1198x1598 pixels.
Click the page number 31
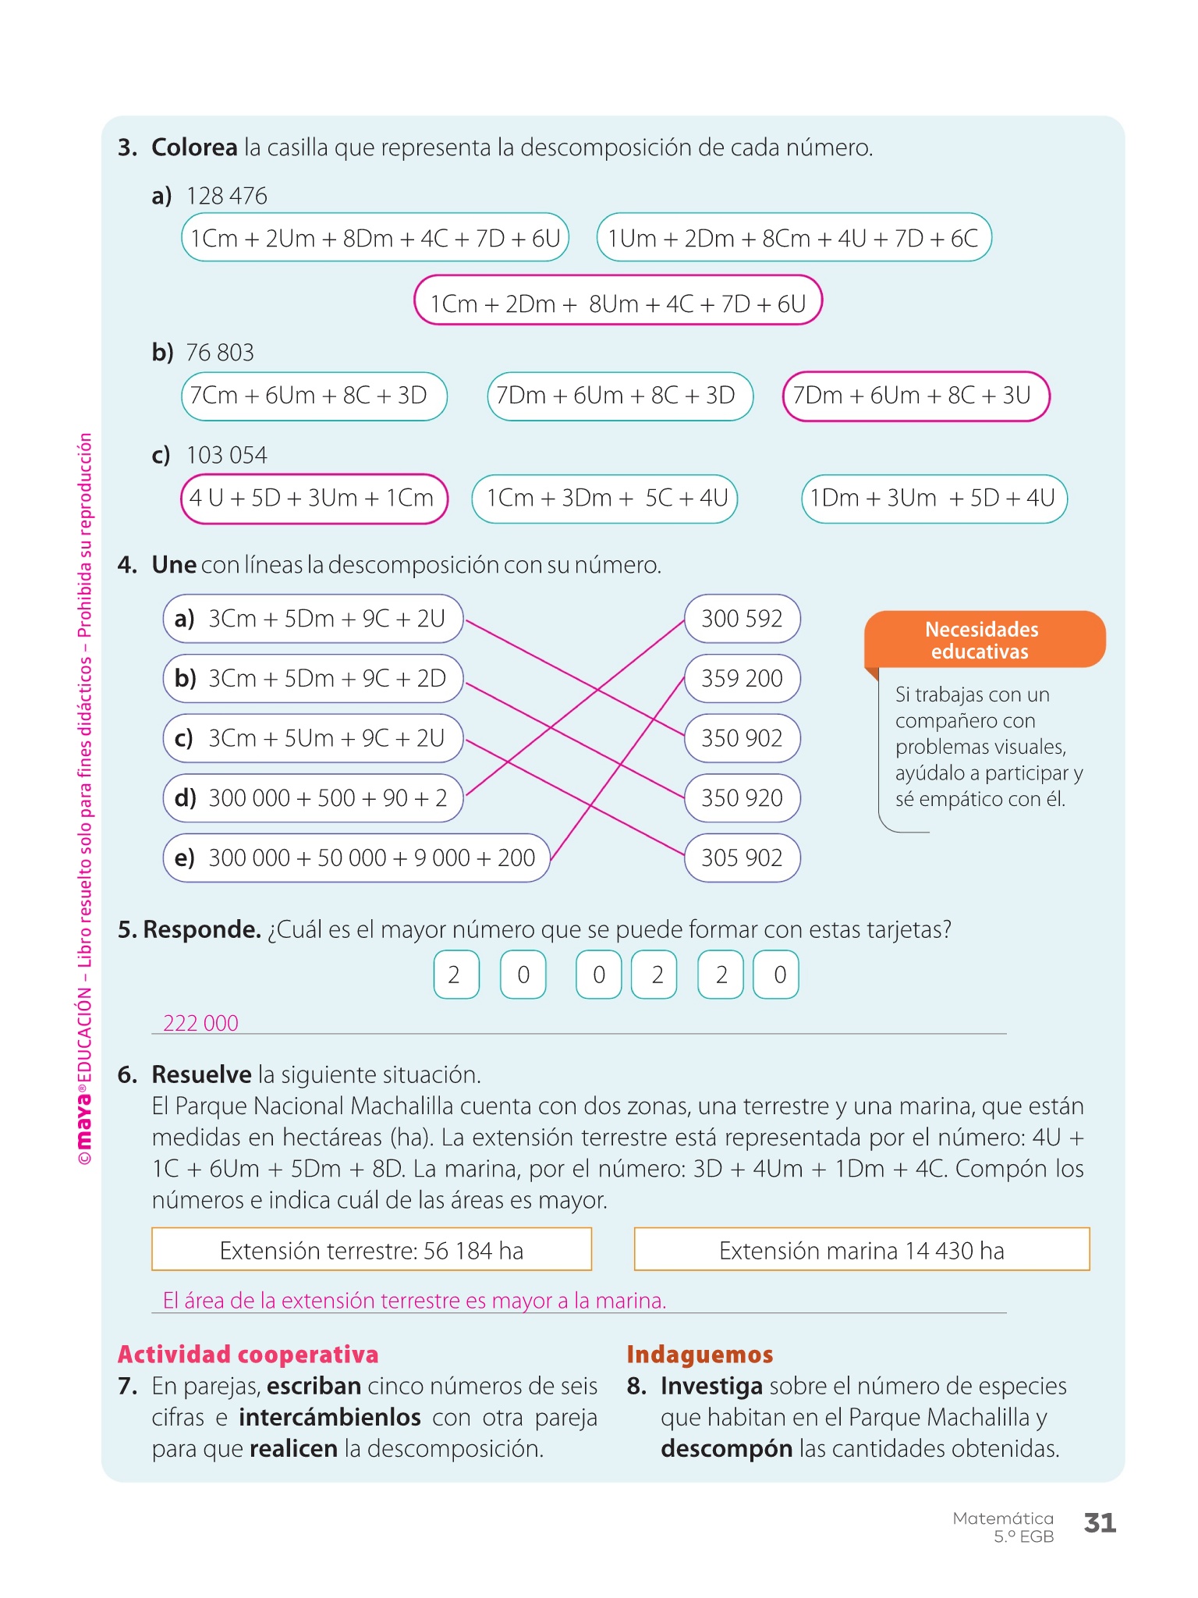pyautogui.click(x=1100, y=1522)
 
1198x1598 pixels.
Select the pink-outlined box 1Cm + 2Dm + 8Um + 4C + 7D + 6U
pyautogui.click(x=618, y=302)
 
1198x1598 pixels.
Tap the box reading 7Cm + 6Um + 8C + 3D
pyautogui.click(x=314, y=396)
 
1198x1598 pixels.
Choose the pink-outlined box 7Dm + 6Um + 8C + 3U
pyautogui.click(x=916, y=396)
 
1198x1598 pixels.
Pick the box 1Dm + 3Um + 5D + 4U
pyautogui.click(x=934, y=499)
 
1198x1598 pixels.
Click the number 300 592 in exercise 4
pyautogui.click(x=742, y=619)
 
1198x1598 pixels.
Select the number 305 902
pyautogui.click(x=742, y=858)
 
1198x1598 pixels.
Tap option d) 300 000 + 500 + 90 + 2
pyautogui.click(x=313, y=798)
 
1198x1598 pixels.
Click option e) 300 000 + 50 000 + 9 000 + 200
pyautogui.click(x=356, y=858)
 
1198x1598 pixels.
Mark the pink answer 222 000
pyautogui.click(x=200, y=1023)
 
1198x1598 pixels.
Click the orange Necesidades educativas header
pyautogui.click(x=982, y=640)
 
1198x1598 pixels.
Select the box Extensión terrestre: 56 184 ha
pyautogui.click(x=371, y=1251)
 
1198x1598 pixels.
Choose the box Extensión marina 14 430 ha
pyautogui.click(x=861, y=1251)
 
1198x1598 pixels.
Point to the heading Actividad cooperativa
pyautogui.click(x=248, y=1355)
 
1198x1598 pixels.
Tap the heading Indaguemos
pyautogui.click(x=700, y=1355)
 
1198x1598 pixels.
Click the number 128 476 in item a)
pyautogui.click(x=226, y=196)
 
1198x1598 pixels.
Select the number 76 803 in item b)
pyautogui.click(x=220, y=353)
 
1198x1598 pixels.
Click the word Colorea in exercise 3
pyautogui.click(x=194, y=147)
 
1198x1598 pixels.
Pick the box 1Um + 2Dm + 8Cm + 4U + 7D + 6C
pyautogui.click(x=793, y=238)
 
